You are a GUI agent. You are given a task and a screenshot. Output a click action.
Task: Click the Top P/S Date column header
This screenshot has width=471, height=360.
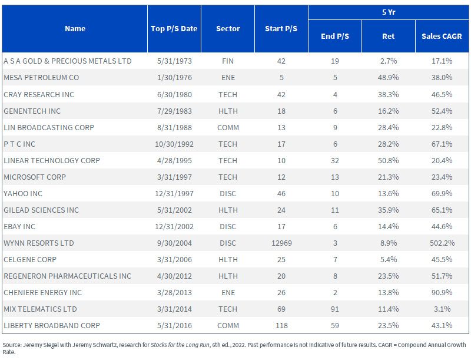(x=174, y=28)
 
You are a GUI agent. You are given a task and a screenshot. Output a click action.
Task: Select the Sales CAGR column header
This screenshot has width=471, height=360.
(x=442, y=36)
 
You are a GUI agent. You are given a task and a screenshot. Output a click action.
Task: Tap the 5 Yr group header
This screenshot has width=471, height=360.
(x=389, y=12)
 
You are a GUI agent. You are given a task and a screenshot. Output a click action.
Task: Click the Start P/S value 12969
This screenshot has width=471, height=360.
(x=281, y=243)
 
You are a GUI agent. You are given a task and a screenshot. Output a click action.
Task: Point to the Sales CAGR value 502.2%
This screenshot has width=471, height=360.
(x=442, y=243)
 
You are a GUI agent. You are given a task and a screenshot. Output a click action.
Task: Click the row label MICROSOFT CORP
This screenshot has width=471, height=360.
(x=35, y=177)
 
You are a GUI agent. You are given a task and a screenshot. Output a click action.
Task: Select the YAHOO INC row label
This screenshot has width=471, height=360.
(x=23, y=193)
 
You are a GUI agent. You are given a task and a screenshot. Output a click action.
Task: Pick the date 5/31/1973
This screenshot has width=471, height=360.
(x=174, y=61)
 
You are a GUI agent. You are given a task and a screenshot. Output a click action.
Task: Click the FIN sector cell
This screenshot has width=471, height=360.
(x=228, y=61)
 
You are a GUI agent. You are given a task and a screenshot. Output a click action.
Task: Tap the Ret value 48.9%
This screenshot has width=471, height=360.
(x=388, y=78)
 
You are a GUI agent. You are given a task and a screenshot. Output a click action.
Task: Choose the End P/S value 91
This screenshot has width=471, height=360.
(x=335, y=309)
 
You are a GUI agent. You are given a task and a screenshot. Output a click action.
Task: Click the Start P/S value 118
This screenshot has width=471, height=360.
(x=281, y=325)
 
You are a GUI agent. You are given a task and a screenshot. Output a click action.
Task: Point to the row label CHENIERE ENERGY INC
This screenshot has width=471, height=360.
(x=42, y=292)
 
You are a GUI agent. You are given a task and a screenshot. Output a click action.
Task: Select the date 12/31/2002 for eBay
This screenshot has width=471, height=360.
(x=174, y=226)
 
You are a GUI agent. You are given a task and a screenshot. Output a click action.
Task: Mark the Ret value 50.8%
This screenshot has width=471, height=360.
(x=388, y=160)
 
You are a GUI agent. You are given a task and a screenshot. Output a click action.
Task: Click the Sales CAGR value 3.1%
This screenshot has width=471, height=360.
(x=442, y=309)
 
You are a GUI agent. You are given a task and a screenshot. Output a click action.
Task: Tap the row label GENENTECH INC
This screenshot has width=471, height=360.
(x=32, y=111)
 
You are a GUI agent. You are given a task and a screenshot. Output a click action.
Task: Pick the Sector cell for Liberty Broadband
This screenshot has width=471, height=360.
(x=228, y=325)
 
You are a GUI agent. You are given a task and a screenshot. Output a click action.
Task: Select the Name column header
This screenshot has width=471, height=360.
(x=75, y=28)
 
